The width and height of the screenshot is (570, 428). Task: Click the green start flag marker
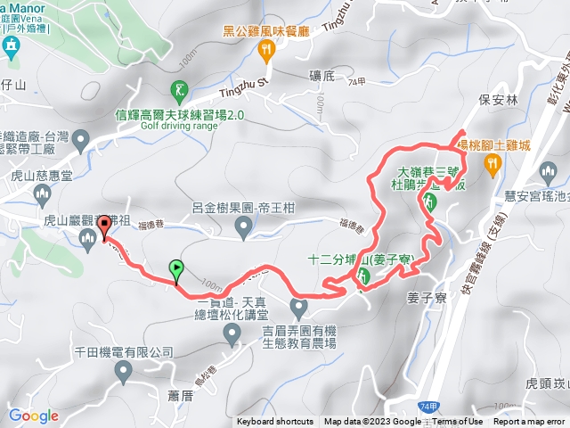176,267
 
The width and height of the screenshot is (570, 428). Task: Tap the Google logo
34,416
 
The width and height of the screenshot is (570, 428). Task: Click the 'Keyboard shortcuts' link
275,422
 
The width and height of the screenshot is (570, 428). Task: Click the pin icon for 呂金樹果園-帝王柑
243,230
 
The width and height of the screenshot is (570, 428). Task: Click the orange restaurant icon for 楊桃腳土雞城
491,163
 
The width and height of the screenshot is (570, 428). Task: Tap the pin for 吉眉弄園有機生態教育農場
299,309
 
